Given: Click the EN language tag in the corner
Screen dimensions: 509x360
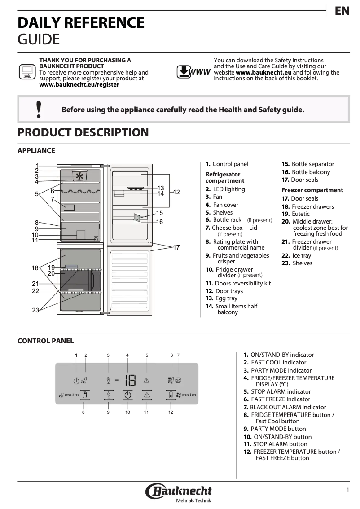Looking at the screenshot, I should click(342, 11).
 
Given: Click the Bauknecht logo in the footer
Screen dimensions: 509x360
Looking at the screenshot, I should click(179, 493).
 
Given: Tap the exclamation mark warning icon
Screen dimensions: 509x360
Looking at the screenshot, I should click(39, 109).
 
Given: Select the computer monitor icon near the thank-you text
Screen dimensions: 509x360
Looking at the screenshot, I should click(26, 71).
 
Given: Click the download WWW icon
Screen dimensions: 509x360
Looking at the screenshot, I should click(193, 72).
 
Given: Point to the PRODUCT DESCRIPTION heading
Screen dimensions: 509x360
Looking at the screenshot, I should click(83, 133).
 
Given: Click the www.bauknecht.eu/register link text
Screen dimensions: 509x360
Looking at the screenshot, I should click(79, 84).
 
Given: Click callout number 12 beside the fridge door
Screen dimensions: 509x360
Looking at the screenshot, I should click(176, 192).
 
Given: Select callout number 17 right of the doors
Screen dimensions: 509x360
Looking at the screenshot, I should click(176, 247).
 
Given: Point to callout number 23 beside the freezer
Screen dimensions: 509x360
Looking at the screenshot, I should click(35, 310).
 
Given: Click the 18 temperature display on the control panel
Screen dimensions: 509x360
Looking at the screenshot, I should click(130, 381).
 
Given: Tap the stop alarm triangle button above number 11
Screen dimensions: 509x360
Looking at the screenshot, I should click(146, 395).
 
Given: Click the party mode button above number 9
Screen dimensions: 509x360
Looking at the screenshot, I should click(108, 395).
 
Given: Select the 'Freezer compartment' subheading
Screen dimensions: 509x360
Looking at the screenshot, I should click(312, 190).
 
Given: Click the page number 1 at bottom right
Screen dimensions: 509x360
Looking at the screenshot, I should click(347, 490).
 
